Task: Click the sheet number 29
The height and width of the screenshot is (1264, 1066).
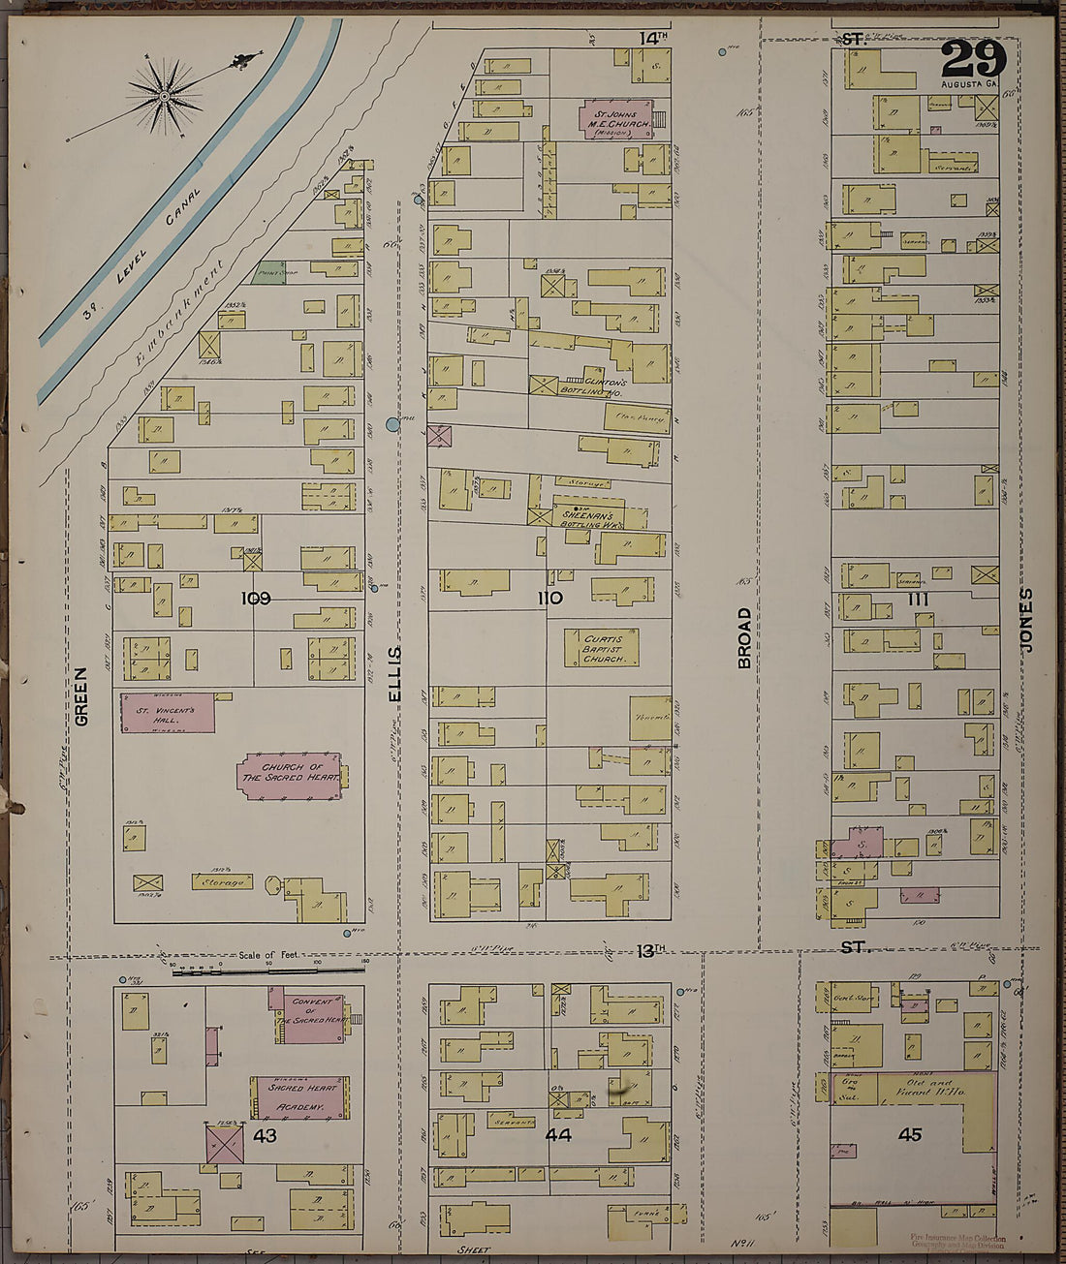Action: tap(973, 59)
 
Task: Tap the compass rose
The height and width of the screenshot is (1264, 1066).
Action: tap(165, 95)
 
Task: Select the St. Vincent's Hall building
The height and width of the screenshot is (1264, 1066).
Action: tap(166, 714)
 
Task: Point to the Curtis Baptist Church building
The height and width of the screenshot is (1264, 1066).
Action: tap(601, 648)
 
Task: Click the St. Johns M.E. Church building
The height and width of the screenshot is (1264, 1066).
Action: tap(615, 117)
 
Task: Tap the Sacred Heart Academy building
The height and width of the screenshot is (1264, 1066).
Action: tap(299, 1097)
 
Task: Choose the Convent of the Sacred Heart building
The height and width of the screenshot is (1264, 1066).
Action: tap(307, 1016)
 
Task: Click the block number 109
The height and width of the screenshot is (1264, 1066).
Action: tap(256, 599)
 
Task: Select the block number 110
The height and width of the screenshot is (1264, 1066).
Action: tap(549, 599)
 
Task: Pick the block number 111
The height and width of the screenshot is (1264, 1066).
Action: tap(918, 599)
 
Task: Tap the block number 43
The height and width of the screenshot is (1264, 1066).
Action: tap(265, 1134)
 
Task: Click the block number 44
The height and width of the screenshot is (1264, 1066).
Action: tap(558, 1134)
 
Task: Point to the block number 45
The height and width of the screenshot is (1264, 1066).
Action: tap(909, 1134)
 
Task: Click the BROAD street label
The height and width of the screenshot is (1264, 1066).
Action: tap(744, 637)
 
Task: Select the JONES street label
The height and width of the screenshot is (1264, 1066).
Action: tap(1026, 620)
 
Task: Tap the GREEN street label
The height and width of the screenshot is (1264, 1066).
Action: tap(81, 695)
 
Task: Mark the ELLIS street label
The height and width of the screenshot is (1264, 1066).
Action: tap(394, 674)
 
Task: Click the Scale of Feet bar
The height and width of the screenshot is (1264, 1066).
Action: tap(267, 969)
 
